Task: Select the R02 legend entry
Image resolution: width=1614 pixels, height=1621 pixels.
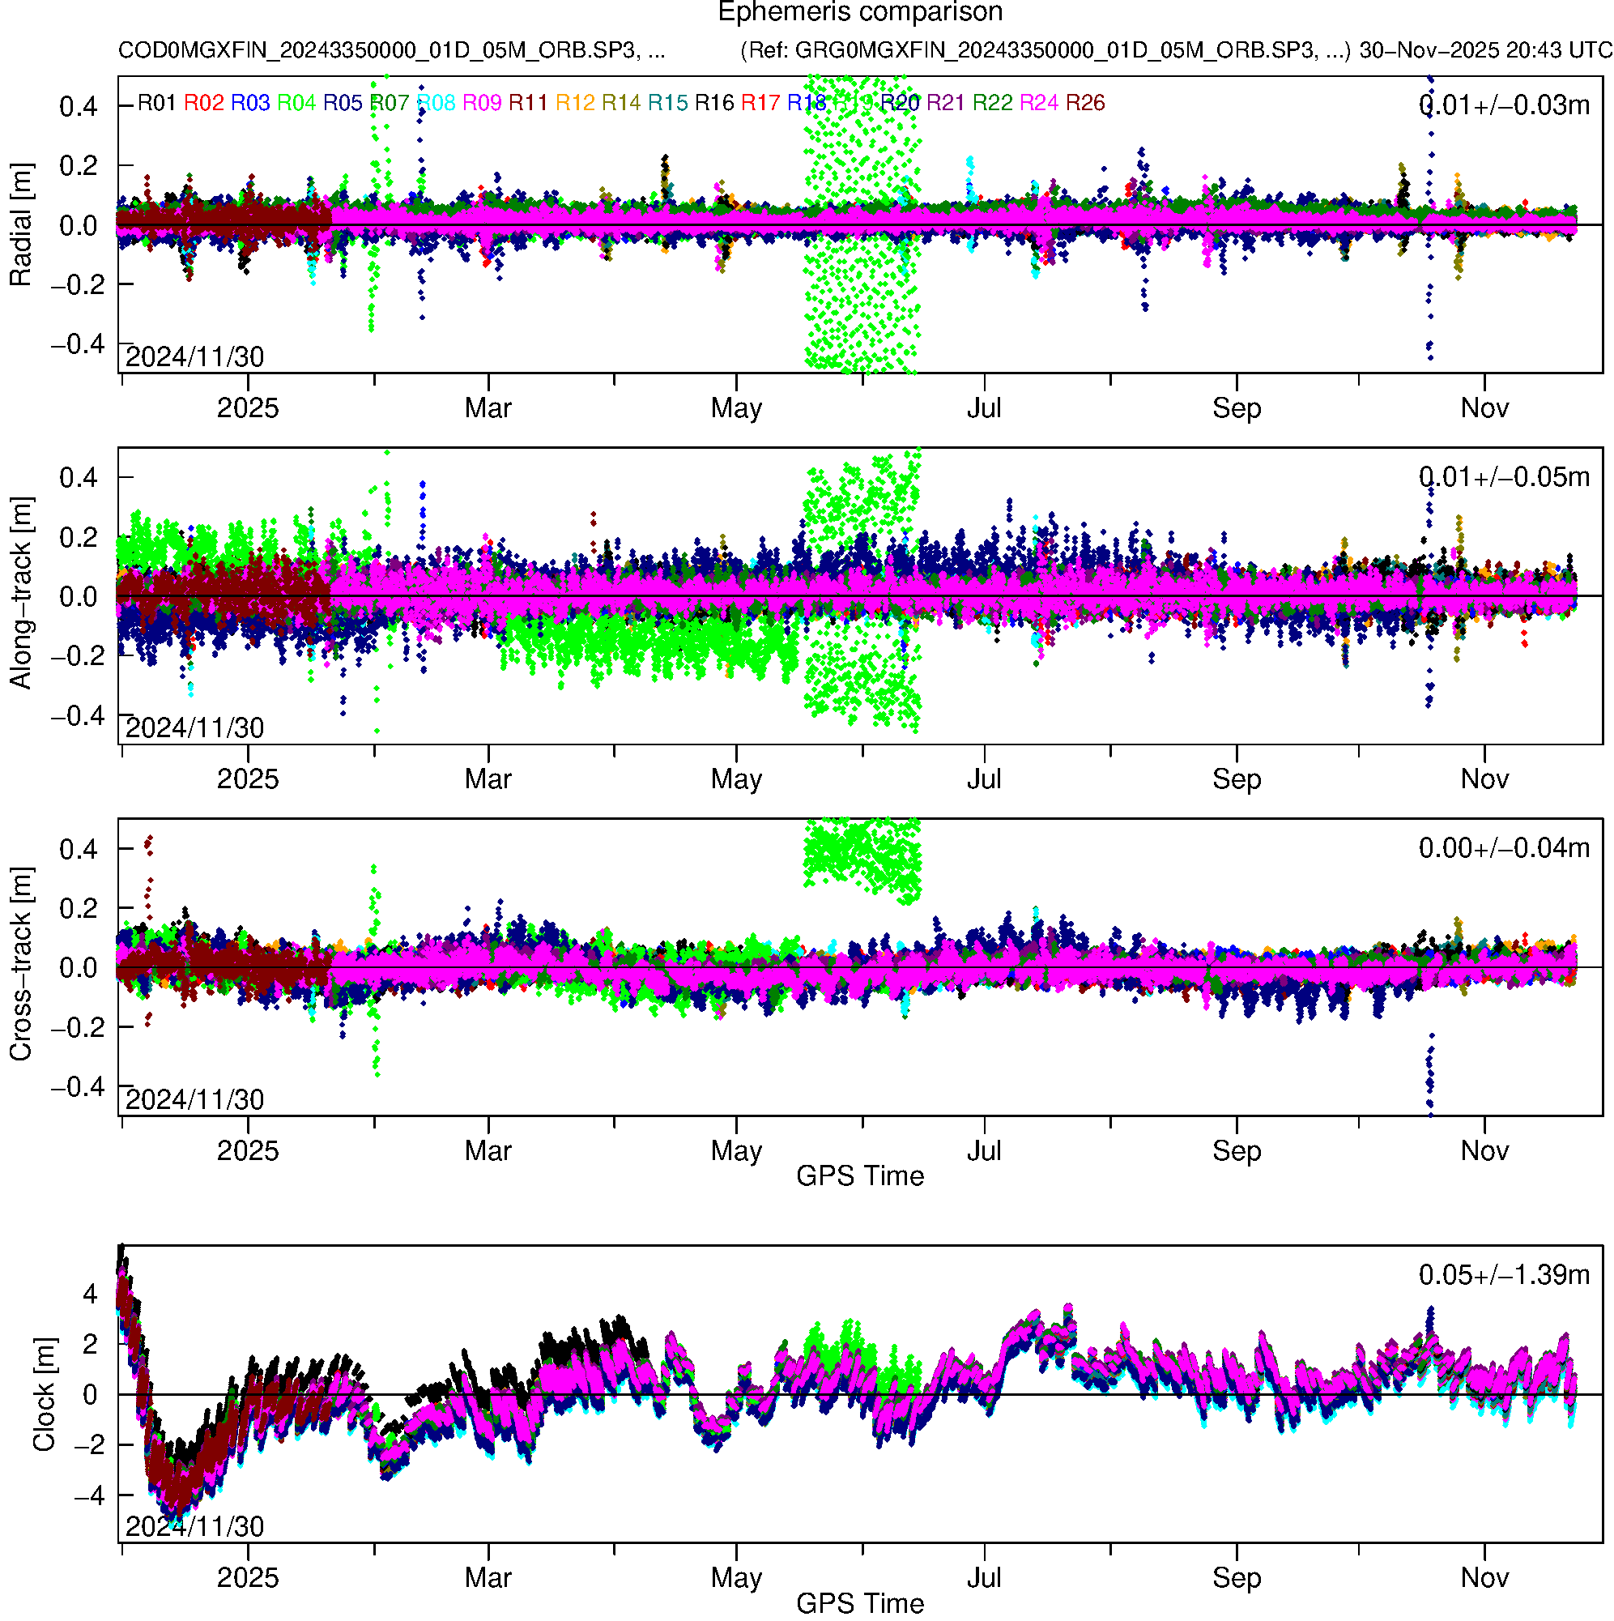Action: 204,102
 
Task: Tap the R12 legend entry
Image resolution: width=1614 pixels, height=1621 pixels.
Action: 575,102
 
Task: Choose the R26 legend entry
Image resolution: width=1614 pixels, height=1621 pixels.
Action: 1084,102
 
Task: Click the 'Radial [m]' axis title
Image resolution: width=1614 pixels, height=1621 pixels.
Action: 20,224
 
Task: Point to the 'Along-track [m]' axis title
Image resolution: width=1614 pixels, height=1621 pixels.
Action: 20,594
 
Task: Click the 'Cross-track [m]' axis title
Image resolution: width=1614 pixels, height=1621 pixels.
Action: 20,964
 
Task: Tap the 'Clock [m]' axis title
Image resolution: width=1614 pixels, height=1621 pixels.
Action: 44,1393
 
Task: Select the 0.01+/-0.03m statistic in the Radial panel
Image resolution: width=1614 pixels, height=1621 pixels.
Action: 1503,105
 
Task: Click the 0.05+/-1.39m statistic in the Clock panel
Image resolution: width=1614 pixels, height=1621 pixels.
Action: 1503,1274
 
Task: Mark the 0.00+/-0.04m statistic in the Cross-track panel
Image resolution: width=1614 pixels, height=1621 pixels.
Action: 1503,848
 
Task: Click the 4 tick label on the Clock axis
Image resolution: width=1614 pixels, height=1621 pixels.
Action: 90,1293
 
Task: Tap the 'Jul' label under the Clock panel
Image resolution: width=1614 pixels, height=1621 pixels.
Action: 983,1577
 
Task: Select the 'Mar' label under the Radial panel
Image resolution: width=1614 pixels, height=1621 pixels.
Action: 488,408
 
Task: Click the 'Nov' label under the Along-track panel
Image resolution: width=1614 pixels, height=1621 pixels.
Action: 1484,779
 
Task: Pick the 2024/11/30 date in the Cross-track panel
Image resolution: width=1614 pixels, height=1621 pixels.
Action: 194,1099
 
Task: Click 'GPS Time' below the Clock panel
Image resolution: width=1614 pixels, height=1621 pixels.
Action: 860,1603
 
